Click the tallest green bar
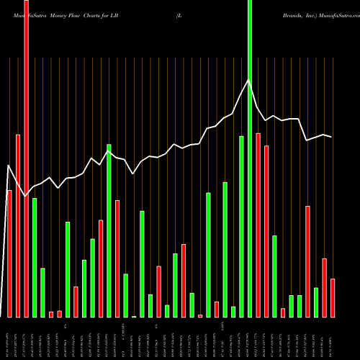coord(250,158)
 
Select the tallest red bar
coord(26,158)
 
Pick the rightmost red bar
coord(333,298)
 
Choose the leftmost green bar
coord(35,257)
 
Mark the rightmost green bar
coord(316,302)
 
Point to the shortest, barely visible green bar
coord(134,316)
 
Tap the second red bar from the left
coord(18,225)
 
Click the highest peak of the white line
coord(249,80)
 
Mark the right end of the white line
coord(332,137)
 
